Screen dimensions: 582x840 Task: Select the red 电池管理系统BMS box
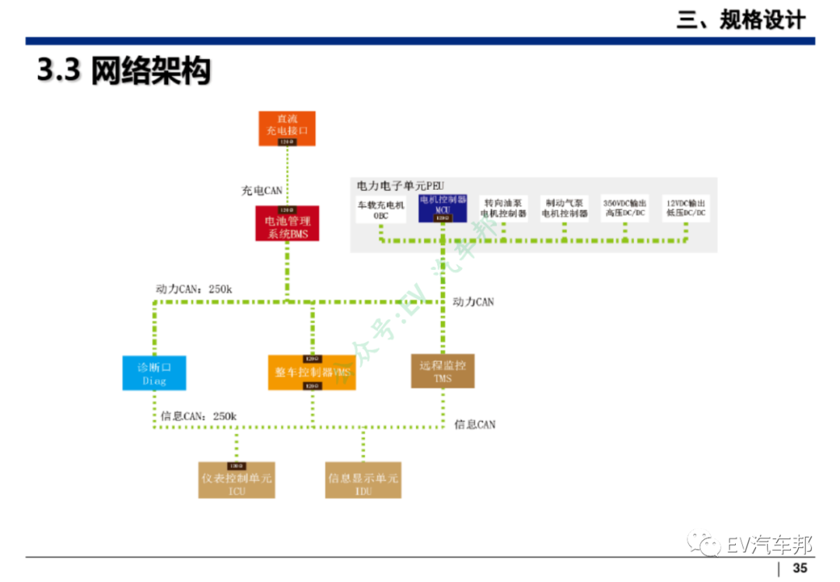tap(287, 223)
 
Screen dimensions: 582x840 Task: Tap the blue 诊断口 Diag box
tap(155, 373)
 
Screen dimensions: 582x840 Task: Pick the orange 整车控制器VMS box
tap(312, 372)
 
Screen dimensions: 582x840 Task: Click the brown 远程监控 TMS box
tap(443, 371)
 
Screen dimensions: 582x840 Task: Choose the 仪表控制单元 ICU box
tap(236, 480)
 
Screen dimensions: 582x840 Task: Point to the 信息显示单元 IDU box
tap(363, 480)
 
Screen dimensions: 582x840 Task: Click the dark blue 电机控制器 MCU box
tap(443, 209)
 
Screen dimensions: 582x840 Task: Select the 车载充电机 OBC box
tap(381, 209)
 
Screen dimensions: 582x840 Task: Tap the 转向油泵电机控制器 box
tap(503, 208)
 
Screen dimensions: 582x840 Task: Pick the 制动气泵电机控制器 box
tap(565, 208)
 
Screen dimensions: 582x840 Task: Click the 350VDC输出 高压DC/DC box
tap(625, 208)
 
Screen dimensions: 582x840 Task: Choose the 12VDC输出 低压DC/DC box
tap(686, 208)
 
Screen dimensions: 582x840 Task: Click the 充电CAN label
tap(261, 190)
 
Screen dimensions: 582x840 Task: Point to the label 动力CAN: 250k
tap(194, 289)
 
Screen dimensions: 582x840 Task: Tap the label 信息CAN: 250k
tap(198, 416)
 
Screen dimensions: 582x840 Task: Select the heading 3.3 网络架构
tap(124, 72)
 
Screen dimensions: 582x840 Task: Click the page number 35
tap(800, 568)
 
